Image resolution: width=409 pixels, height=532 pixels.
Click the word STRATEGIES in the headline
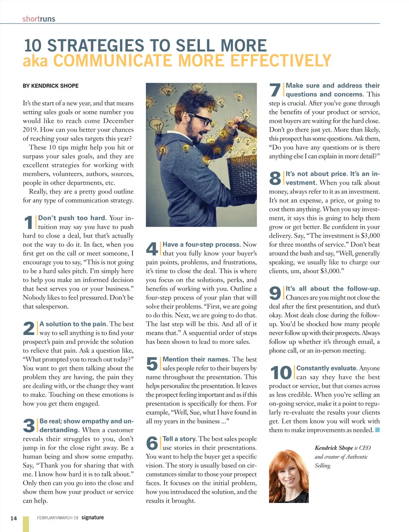click(x=96, y=46)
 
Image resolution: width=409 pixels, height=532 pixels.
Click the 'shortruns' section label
click(x=39, y=19)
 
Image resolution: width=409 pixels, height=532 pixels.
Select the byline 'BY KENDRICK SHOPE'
click(x=50, y=86)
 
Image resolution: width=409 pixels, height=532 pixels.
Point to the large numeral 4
click(x=152, y=249)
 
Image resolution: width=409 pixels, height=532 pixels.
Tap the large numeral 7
click(x=275, y=90)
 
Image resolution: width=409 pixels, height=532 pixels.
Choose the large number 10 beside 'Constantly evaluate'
click(x=281, y=373)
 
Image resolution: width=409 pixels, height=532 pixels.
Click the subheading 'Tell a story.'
click(x=179, y=439)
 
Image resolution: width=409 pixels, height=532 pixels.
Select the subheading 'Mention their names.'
click(x=196, y=359)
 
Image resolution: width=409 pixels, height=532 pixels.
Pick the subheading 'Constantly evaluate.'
click(x=327, y=368)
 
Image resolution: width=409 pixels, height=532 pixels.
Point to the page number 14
click(x=13, y=518)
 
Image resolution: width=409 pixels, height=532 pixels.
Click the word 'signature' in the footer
click(x=92, y=517)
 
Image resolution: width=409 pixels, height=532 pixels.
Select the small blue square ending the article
click(x=377, y=430)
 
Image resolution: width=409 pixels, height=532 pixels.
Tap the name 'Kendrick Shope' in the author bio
click(x=334, y=448)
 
